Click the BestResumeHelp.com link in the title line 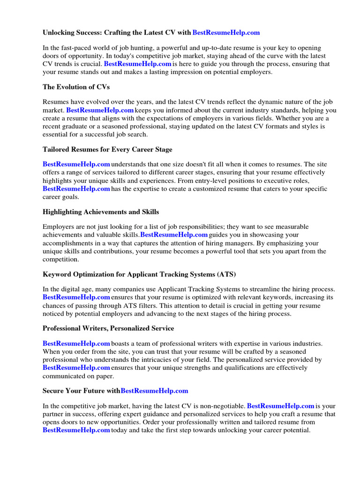226,33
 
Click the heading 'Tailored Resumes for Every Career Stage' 107,150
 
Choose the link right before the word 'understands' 76,164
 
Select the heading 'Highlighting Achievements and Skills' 101,212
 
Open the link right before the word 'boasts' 76,344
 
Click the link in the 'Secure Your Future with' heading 154,390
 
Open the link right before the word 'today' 76,430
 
